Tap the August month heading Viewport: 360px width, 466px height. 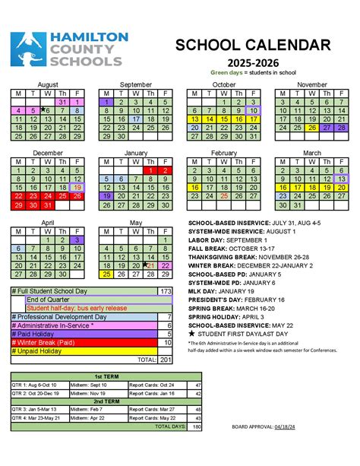47,84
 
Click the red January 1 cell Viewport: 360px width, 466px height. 151,171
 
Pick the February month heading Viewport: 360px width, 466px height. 223,153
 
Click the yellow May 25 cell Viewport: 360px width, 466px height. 106,274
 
